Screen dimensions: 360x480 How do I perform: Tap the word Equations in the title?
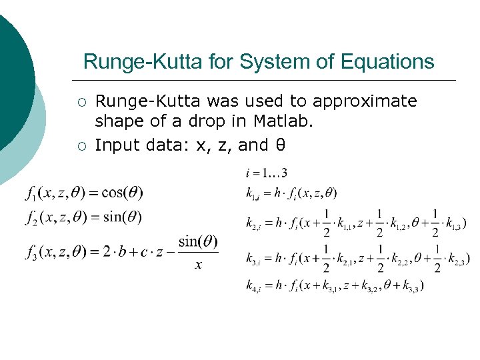[x=387, y=62]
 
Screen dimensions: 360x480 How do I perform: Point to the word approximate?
[x=365, y=101]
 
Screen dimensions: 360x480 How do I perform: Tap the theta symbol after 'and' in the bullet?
[x=263, y=144]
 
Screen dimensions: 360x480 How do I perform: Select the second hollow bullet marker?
[x=81, y=145]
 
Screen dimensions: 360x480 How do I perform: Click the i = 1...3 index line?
[x=267, y=173]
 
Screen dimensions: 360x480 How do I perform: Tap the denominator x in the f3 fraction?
[x=198, y=265]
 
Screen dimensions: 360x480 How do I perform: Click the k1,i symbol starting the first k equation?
[x=253, y=194]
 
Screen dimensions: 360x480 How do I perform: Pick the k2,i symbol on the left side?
[x=254, y=223]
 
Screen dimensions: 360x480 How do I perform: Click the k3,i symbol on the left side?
[x=254, y=258]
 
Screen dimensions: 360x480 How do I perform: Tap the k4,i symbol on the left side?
[x=254, y=286]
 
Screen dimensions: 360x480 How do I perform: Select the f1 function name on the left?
[x=32, y=194]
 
